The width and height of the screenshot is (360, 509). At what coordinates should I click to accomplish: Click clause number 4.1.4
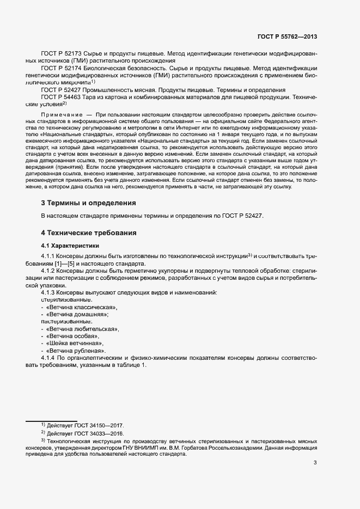[x=49, y=358]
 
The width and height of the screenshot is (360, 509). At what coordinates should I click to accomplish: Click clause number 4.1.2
[x=49, y=270]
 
